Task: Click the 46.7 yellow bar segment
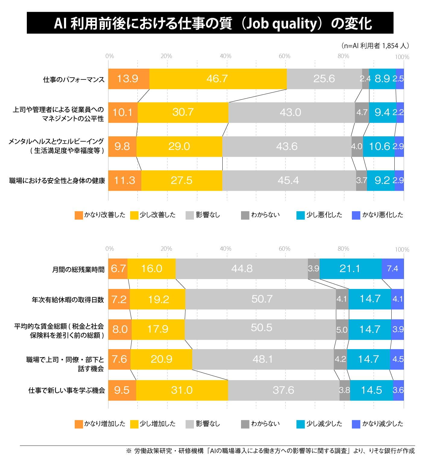[218, 79]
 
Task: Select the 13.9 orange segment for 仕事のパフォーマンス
[128, 79]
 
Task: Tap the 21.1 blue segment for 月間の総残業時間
[350, 268]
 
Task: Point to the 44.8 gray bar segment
[242, 268]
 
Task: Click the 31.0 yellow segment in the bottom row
[182, 390]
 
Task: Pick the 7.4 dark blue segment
[393, 268]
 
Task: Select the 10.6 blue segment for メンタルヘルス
[379, 147]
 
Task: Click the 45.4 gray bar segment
[289, 180]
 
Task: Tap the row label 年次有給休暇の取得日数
[68, 299]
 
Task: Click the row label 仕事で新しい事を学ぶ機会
[67, 390]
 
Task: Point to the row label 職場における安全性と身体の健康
[57, 181]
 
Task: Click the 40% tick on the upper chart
[225, 56]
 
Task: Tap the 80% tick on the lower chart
[343, 249]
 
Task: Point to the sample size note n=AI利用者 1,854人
[375, 46]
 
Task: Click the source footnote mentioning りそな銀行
[270, 451]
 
